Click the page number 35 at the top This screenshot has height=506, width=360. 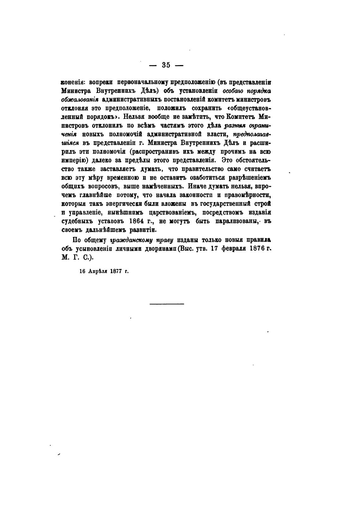pos(166,65)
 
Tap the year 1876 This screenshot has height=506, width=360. pos(258,249)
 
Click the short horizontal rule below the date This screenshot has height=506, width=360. pos(166,304)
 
